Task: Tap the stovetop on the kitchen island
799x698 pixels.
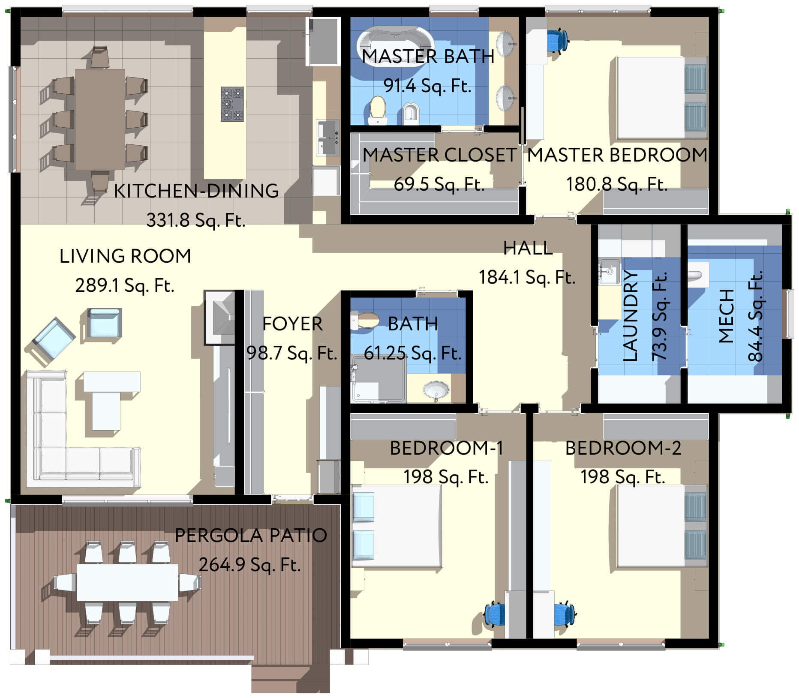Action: tap(232, 104)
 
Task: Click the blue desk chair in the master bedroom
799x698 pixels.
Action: tap(557, 40)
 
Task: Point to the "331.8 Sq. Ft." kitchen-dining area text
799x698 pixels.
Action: tap(196, 220)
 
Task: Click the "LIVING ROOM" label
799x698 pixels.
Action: tap(125, 256)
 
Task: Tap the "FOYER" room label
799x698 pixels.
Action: tap(292, 324)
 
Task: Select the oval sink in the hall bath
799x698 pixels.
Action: tap(436, 390)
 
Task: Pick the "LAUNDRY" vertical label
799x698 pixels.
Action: tap(630, 316)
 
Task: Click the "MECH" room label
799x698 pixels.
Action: tap(726, 316)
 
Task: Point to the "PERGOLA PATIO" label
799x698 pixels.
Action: tap(251, 536)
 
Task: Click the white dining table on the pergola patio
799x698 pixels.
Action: tap(127, 582)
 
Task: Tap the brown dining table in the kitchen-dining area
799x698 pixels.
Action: tap(100, 120)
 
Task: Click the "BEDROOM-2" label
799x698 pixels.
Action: tap(623, 448)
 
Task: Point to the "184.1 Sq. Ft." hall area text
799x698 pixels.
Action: tap(527, 277)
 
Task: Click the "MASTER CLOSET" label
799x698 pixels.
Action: tap(440, 155)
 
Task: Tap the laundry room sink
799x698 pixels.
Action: tap(609, 271)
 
